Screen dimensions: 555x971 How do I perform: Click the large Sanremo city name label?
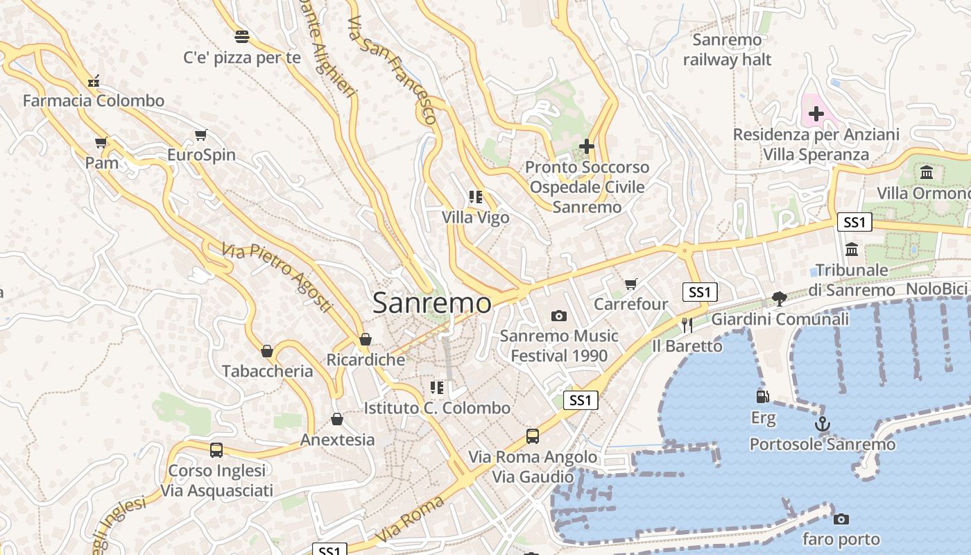point(431,302)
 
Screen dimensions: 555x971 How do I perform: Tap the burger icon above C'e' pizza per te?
point(242,36)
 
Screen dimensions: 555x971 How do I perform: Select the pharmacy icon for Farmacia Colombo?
point(94,81)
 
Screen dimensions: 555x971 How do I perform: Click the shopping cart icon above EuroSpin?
point(201,135)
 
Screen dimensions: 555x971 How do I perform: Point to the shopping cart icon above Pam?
point(101,143)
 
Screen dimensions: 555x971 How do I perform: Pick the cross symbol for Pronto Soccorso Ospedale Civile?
point(587,146)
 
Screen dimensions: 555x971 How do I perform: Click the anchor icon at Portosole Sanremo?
point(823,423)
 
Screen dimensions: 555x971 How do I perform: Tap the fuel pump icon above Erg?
point(763,397)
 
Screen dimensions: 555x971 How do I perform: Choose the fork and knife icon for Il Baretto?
point(687,325)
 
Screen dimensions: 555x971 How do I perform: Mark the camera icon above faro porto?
point(841,519)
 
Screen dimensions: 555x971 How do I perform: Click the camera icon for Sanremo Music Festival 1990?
point(558,316)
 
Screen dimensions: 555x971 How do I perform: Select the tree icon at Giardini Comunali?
point(780,299)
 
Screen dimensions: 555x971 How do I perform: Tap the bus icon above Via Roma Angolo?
point(532,436)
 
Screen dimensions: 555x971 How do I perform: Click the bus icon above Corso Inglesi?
point(216,450)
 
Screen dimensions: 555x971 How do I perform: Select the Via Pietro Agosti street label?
point(277,277)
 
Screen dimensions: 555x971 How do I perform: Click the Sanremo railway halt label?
point(727,50)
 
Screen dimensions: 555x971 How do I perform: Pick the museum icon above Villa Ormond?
point(927,173)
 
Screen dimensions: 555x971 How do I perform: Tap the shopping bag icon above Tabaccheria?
point(267,351)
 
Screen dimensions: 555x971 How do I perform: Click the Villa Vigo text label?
point(476,217)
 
